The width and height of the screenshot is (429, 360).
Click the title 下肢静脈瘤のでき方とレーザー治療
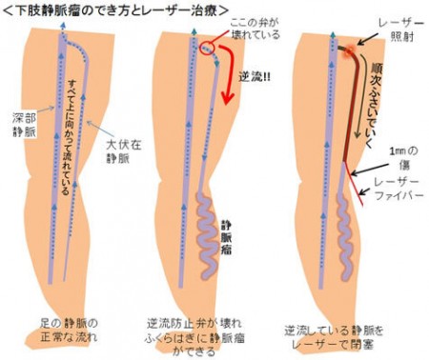point(116,10)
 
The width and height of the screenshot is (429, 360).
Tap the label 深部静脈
point(25,125)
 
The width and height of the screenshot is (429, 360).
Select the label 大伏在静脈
point(123,151)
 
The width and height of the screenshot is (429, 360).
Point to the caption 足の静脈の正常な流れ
point(69,330)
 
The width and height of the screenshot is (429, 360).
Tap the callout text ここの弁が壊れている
point(255,29)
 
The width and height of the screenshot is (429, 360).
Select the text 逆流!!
point(255,77)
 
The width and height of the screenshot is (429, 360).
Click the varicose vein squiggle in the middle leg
point(207,236)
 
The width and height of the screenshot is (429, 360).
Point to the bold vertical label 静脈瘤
point(226,238)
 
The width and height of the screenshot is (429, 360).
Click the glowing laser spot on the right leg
point(349,50)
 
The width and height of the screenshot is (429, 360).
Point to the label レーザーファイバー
point(399,189)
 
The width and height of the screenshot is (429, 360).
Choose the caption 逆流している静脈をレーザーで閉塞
point(334,337)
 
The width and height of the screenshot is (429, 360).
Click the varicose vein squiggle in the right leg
point(345,238)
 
